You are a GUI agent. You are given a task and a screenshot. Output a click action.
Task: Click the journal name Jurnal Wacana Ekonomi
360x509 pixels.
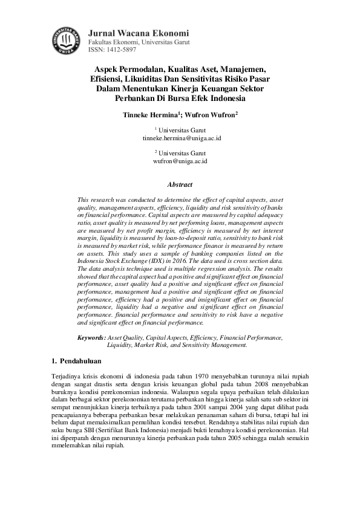point(138,33)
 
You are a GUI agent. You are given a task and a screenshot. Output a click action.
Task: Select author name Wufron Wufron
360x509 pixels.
point(214,113)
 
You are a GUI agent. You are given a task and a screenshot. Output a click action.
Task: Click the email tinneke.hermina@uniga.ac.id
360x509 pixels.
point(181,138)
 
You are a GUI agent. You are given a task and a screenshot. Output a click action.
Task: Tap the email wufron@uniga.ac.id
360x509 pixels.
point(181,161)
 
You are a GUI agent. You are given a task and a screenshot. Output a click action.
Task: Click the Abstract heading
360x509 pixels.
point(180,185)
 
